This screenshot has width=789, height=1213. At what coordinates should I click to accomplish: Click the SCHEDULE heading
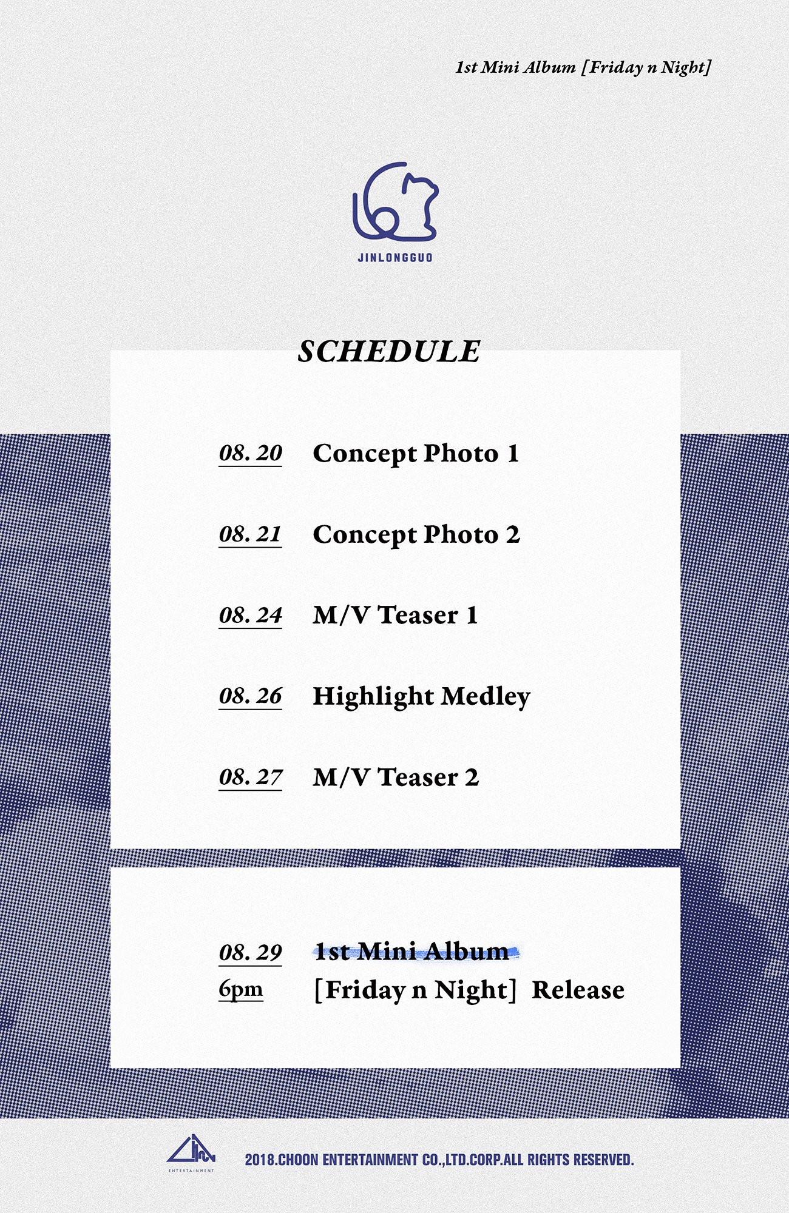pyautogui.click(x=389, y=352)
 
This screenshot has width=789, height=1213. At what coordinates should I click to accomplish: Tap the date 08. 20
pyautogui.click(x=250, y=454)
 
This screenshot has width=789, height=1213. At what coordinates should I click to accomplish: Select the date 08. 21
pyautogui.click(x=250, y=534)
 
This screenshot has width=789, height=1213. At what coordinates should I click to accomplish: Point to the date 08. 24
pyautogui.click(x=250, y=616)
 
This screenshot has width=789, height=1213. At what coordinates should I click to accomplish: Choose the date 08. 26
pyautogui.click(x=250, y=696)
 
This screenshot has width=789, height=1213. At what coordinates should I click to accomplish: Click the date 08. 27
pyautogui.click(x=250, y=778)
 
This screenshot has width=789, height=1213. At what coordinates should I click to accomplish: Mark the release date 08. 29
pyautogui.click(x=250, y=953)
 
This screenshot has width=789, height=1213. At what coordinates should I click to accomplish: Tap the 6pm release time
pyautogui.click(x=241, y=990)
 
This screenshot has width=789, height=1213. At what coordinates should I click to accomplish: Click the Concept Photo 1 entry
pyautogui.click(x=416, y=454)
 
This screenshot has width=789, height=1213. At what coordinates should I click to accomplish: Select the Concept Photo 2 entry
pyautogui.click(x=416, y=535)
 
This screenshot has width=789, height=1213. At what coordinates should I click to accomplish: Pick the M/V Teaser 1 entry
pyautogui.click(x=396, y=616)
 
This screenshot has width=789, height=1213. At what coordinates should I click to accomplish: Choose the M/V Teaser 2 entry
pyautogui.click(x=396, y=778)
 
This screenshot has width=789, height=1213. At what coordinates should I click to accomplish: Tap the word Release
pyautogui.click(x=578, y=990)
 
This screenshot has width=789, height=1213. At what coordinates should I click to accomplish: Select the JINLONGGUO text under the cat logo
pyautogui.click(x=395, y=257)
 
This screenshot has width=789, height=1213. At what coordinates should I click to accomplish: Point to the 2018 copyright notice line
pyautogui.click(x=439, y=1160)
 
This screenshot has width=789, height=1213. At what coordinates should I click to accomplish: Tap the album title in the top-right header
pyautogui.click(x=583, y=67)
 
